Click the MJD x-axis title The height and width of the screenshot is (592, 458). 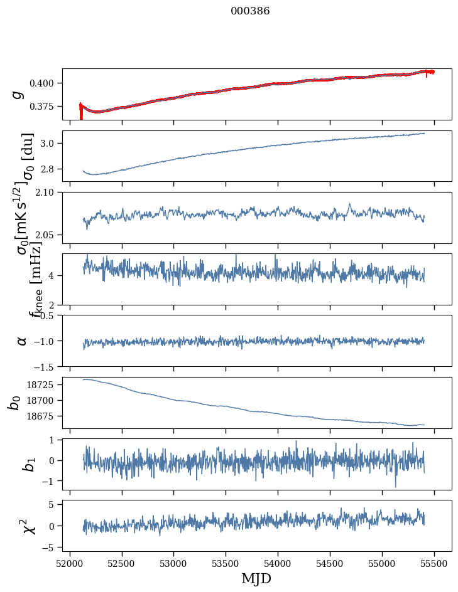(256, 578)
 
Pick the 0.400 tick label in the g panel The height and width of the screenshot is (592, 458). (46, 83)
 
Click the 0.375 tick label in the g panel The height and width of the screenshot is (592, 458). (46, 107)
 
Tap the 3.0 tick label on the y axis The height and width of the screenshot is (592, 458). (51, 144)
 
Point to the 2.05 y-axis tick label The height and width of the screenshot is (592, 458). (48, 235)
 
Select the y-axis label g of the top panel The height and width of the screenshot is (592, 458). (18, 94)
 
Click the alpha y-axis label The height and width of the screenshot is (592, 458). (22, 341)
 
